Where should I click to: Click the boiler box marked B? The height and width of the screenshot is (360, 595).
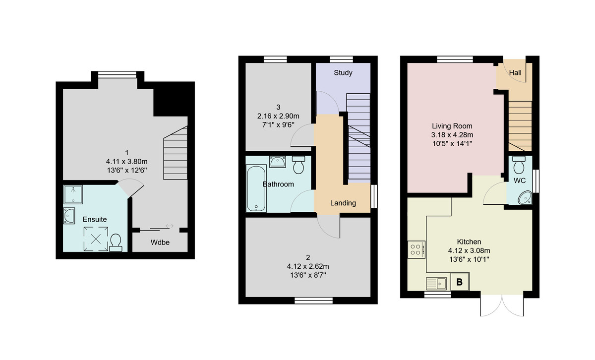click(459, 283)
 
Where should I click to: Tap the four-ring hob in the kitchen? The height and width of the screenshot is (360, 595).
click(415, 249)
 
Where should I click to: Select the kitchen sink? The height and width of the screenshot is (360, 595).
click(436, 284)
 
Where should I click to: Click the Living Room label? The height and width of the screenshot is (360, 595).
click(452, 126)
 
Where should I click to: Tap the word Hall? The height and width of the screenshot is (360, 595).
click(515, 73)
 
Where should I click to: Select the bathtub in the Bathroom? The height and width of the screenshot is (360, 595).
click(255, 188)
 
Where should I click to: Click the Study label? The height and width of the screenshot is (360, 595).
click(343, 73)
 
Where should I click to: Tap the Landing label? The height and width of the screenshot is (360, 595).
click(343, 203)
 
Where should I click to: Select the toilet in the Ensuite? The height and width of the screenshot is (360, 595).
click(116, 243)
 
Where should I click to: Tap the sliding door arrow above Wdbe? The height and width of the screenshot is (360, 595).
click(169, 226)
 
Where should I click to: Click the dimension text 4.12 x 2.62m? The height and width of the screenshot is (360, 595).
click(308, 266)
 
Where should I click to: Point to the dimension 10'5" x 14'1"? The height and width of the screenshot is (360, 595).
click(452, 144)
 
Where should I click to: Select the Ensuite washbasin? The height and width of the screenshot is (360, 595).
click(69, 216)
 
